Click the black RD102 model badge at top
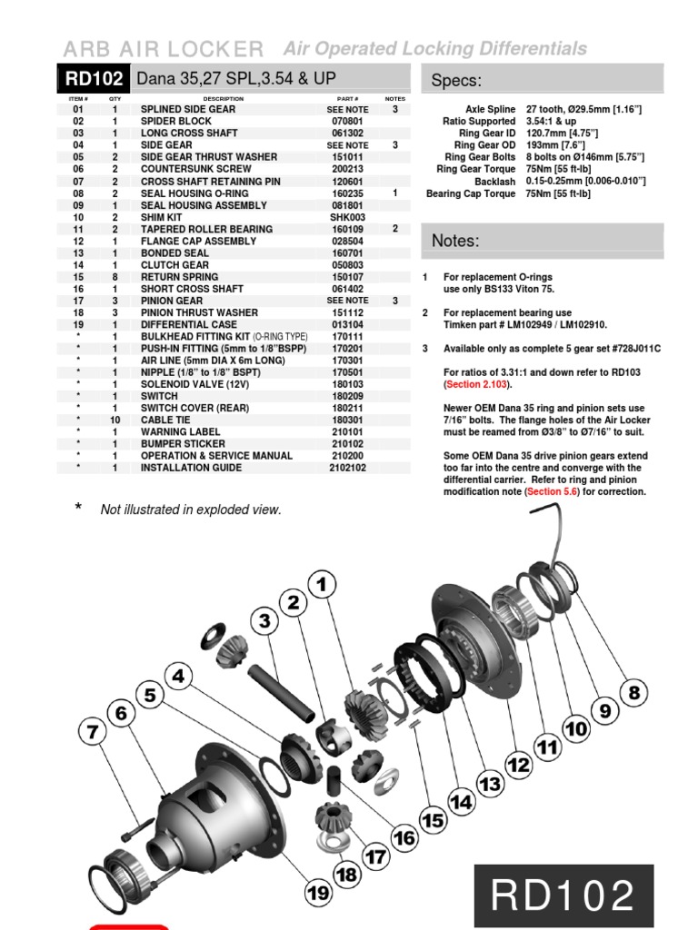(x=95, y=80)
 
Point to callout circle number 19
(x=318, y=894)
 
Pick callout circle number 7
(x=92, y=731)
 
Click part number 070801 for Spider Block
(x=347, y=121)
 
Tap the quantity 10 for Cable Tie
(x=115, y=420)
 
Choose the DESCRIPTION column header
(x=224, y=98)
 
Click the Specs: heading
(x=455, y=81)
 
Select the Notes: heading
(x=455, y=241)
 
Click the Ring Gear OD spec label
(x=484, y=145)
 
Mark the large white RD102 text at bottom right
(x=563, y=896)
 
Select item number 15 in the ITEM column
(x=78, y=276)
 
